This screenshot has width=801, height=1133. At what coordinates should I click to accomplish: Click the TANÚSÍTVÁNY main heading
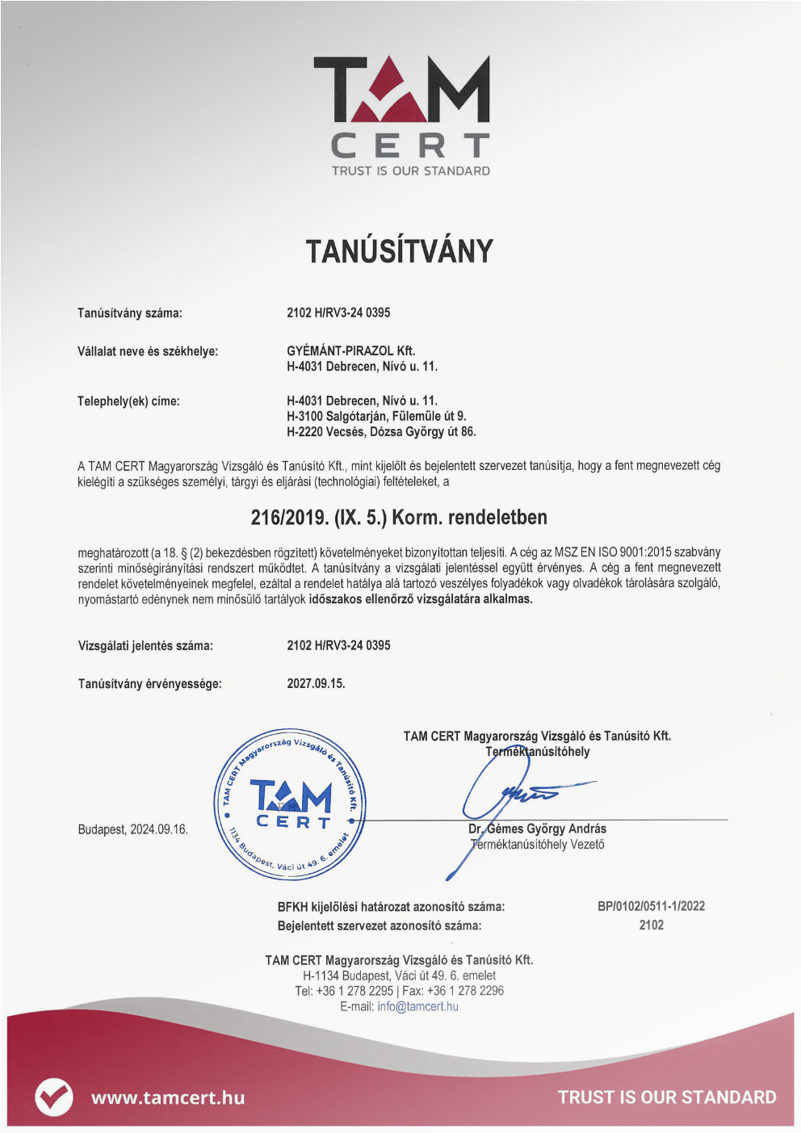click(400, 251)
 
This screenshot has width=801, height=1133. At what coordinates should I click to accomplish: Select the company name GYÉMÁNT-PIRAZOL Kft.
click(350, 350)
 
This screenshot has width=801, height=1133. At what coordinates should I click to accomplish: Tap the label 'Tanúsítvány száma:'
click(130, 313)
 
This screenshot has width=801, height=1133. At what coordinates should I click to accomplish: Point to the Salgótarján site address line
click(376, 416)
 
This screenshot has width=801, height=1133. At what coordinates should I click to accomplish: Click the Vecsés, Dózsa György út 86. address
click(381, 431)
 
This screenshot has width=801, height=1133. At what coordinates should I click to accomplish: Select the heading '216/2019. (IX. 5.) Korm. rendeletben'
click(399, 517)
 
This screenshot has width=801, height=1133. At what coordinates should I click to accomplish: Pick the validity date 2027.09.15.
click(316, 683)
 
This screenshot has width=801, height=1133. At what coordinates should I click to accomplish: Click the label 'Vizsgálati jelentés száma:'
click(145, 646)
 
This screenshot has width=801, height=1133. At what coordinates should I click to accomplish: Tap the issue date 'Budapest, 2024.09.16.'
click(132, 829)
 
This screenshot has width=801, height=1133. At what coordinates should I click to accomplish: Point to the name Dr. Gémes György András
click(537, 829)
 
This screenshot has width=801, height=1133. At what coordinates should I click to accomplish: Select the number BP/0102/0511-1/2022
click(651, 906)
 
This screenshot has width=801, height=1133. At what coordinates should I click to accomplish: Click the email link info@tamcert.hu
click(417, 1006)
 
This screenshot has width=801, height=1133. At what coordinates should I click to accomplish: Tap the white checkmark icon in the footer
click(54, 1097)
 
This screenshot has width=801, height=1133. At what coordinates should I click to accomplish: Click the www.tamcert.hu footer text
click(168, 1097)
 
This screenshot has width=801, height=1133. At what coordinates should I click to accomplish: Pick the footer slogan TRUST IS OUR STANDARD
click(667, 1097)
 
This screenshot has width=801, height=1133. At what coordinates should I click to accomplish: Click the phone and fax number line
click(399, 991)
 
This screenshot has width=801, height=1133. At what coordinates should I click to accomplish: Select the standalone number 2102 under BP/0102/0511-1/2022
click(651, 925)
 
